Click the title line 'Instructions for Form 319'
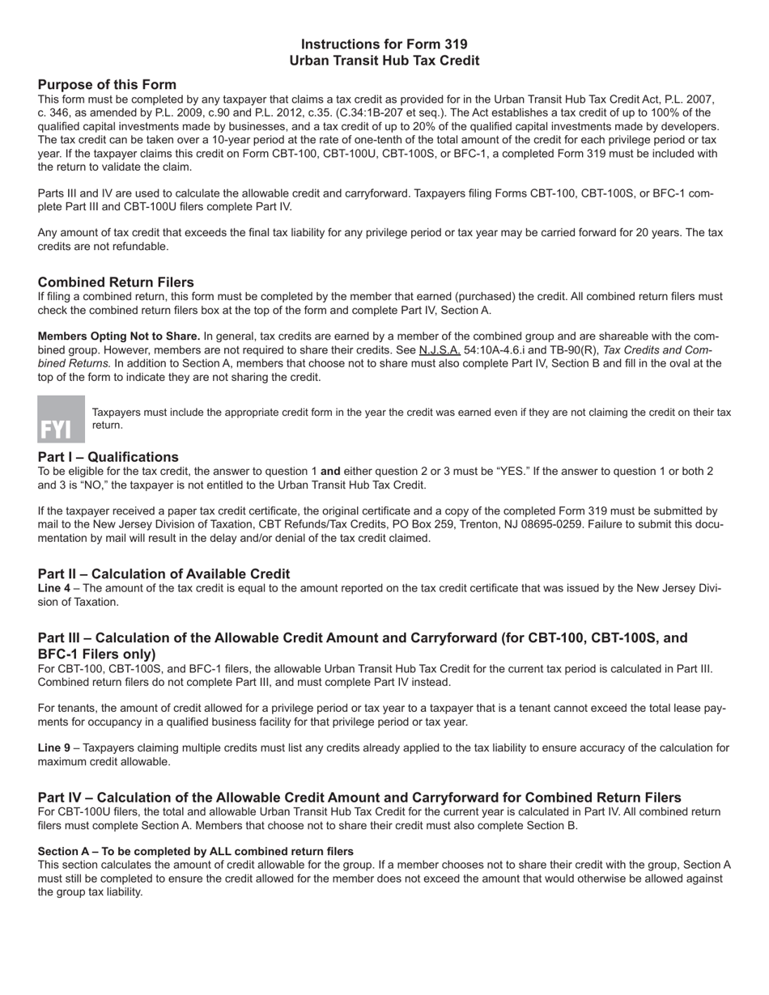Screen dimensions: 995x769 tap(384, 44)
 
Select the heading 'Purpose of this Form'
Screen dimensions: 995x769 tap(107, 85)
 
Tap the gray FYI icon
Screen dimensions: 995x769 tap(62, 419)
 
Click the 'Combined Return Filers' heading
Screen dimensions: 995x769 tap(116, 282)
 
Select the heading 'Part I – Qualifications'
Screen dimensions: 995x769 tap(108, 457)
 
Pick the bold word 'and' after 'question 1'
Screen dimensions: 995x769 tap(330, 471)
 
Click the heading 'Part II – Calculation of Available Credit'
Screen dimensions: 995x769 tap(164, 574)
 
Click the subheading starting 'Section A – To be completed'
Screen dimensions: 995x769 tap(195, 852)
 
